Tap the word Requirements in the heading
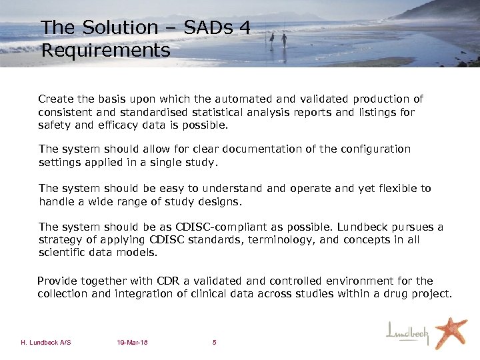click(105, 50)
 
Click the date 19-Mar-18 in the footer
click(131, 343)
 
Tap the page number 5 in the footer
click(214, 343)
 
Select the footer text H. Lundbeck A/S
click(46, 343)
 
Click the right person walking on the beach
click(284, 39)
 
